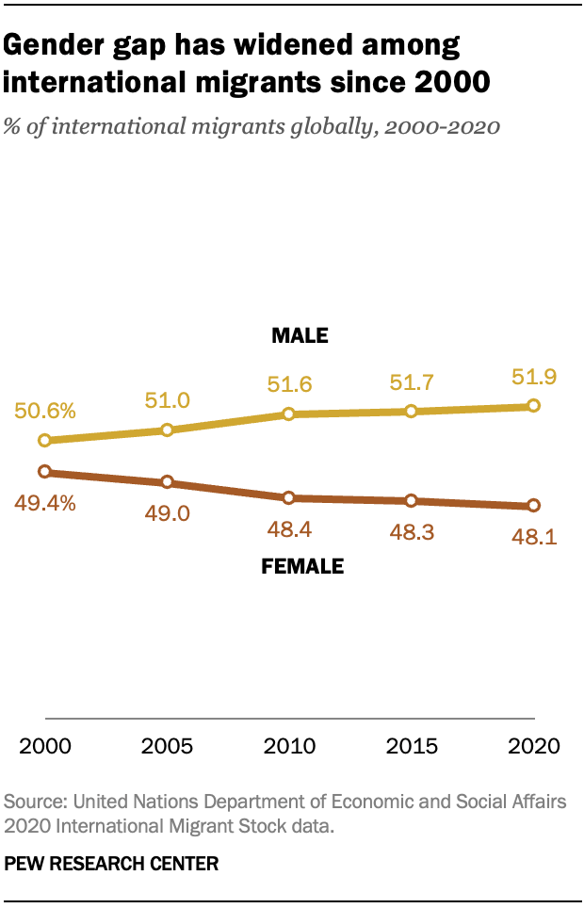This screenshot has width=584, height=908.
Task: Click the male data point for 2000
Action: point(44,440)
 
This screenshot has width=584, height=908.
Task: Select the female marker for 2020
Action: point(534,506)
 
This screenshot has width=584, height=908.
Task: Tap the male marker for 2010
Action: point(289,413)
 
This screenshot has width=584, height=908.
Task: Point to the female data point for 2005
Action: point(167,482)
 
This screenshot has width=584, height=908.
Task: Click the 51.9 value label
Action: point(533,376)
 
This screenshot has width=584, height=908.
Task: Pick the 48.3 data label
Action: point(412,532)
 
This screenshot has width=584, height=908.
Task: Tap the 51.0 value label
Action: point(167,399)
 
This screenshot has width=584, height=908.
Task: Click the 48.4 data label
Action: point(289,529)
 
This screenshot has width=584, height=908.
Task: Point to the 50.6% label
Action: point(44,411)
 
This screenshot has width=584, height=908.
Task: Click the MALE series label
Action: point(299,335)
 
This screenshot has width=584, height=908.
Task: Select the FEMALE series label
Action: point(301,567)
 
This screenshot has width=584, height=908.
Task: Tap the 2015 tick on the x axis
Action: point(412,746)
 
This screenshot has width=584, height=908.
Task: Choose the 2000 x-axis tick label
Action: point(44,746)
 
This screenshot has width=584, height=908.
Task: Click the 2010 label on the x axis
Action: point(289,746)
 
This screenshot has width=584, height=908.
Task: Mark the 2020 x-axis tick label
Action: point(533,746)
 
